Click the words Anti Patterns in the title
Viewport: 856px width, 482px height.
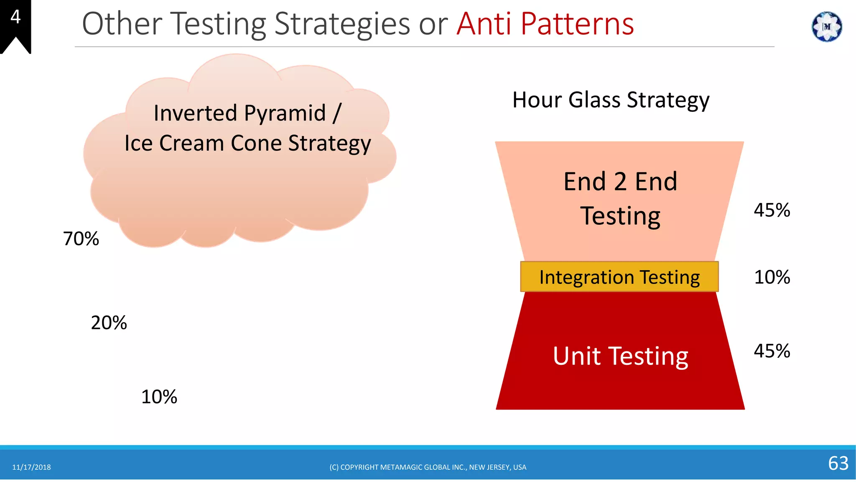(x=545, y=24)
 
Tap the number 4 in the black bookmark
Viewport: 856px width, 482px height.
(x=15, y=17)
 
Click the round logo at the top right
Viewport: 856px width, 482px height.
(x=826, y=27)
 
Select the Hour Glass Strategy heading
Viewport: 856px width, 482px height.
(x=611, y=100)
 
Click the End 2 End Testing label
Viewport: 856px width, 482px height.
(x=620, y=199)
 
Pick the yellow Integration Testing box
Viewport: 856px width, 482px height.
(x=619, y=277)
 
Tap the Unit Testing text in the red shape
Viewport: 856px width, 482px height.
(x=620, y=356)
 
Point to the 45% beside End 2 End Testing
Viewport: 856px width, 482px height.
(x=772, y=210)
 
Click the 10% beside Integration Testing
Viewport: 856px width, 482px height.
(x=772, y=277)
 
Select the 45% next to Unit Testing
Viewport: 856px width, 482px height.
(x=772, y=351)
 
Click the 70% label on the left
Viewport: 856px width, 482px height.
(x=81, y=239)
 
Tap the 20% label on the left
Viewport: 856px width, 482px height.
(x=109, y=323)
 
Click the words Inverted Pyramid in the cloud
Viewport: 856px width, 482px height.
(x=239, y=113)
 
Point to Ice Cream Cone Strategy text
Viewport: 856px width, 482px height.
(x=247, y=144)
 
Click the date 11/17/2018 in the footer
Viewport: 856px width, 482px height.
(x=31, y=467)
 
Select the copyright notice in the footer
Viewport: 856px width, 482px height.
(x=428, y=467)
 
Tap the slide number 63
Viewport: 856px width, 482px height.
(x=838, y=463)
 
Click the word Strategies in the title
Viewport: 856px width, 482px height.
(x=342, y=24)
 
